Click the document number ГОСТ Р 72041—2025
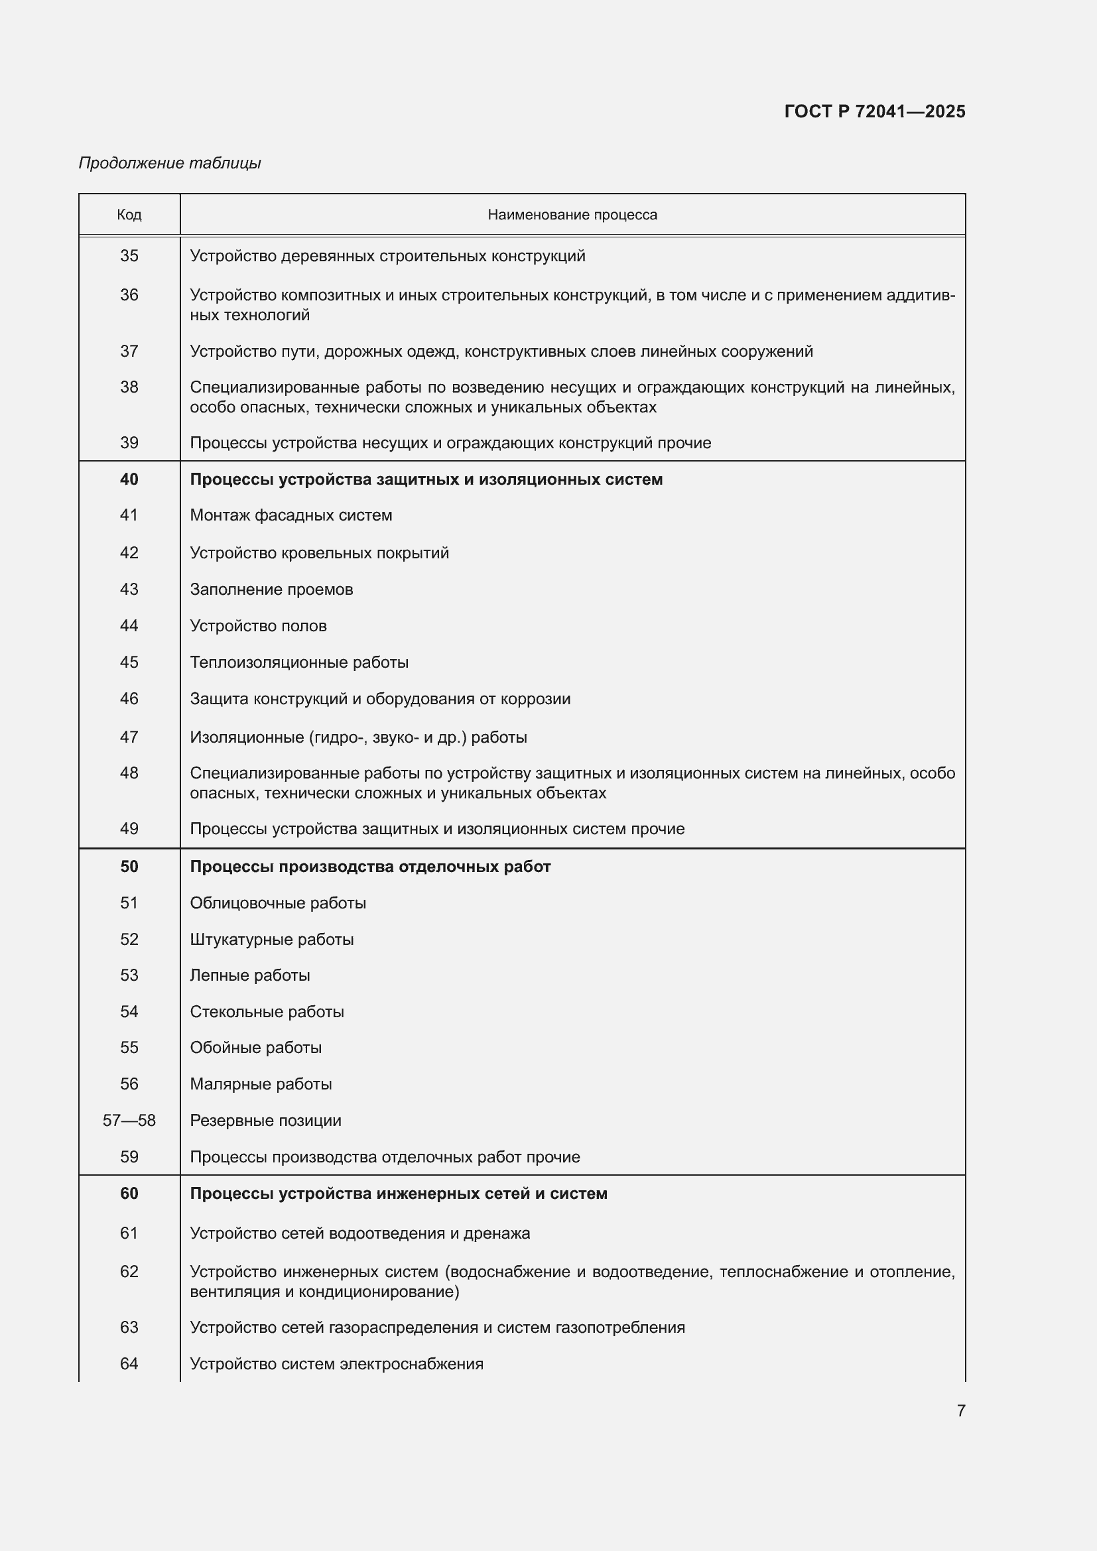click(874, 111)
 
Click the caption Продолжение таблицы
click(170, 163)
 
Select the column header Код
click(129, 215)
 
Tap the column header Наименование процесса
click(572, 215)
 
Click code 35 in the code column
click(129, 256)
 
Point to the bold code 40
click(129, 479)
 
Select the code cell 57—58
click(129, 1121)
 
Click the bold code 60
click(129, 1194)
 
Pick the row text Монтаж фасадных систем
click(290, 515)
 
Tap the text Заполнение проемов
click(271, 589)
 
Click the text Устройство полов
click(258, 626)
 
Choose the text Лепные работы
click(250, 975)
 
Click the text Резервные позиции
click(265, 1121)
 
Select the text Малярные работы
click(261, 1084)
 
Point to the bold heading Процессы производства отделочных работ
click(370, 867)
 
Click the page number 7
click(960, 1410)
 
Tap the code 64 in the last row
click(129, 1364)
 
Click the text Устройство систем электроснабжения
click(336, 1364)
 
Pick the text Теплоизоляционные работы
click(298, 662)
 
